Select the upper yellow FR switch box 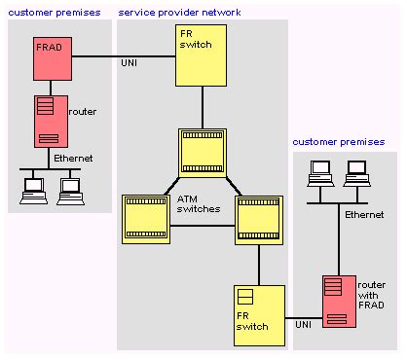(202, 56)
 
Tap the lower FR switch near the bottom (258, 309)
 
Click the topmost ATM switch (203, 151)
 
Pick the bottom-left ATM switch (145, 219)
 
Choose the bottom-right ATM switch (259, 219)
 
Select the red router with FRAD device (337, 303)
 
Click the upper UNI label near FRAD (128, 64)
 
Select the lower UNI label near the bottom (305, 320)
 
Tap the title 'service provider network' (180, 12)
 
